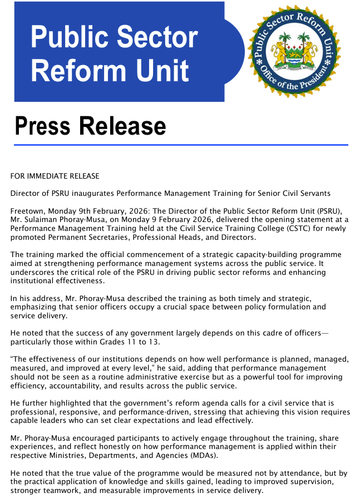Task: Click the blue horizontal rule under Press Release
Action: coord(181,145)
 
